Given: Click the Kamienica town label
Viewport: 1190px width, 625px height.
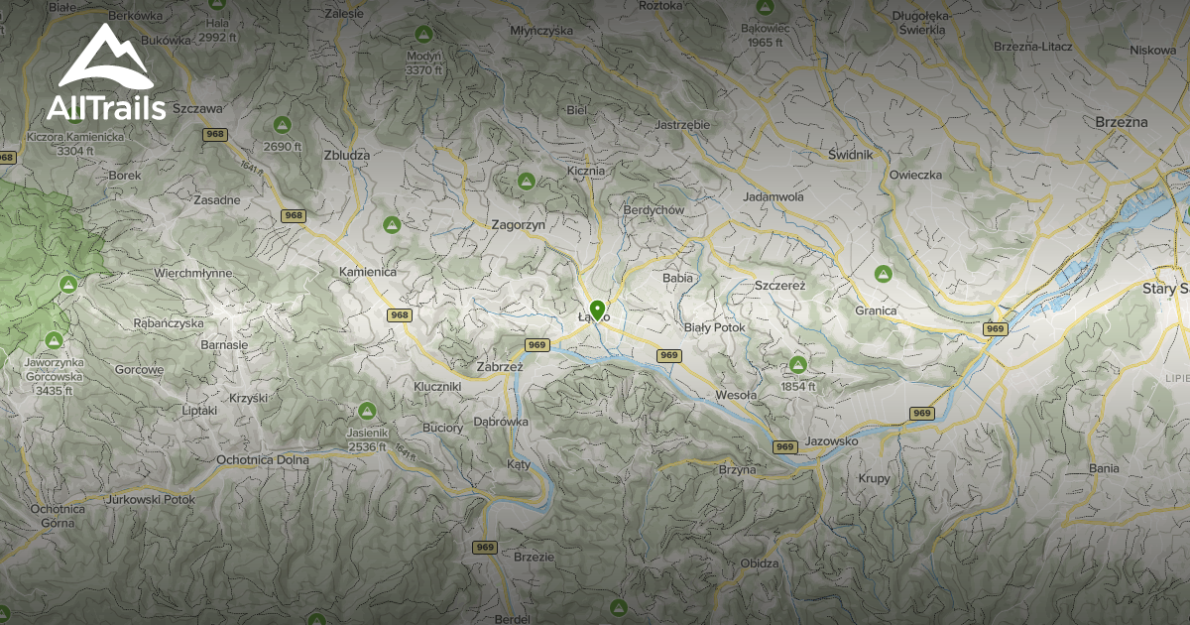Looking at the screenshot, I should pos(367,271).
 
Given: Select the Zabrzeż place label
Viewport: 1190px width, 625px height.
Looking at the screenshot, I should pos(499,366).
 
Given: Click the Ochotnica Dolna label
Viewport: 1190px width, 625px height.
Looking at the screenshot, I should pos(262,460).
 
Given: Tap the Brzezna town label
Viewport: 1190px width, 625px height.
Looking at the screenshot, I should pos(1122,121).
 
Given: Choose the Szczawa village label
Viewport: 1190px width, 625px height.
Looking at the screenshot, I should pos(196,108).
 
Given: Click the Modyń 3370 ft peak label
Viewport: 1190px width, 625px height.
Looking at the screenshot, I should pos(423,62).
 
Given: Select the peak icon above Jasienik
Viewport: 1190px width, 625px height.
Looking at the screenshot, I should pos(367,410).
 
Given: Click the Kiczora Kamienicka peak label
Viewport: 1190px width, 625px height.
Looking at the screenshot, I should pos(75,143).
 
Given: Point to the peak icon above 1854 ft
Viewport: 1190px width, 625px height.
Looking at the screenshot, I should pos(798,364).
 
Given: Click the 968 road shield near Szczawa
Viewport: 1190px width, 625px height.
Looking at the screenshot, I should pos(215,133).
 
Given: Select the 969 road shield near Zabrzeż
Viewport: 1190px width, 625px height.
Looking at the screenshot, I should pos(536,345).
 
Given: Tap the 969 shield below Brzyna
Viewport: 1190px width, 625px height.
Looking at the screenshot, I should pos(785,446).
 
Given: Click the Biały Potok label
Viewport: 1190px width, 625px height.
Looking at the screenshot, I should pos(714,327).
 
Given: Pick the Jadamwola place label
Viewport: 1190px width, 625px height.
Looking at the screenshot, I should pos(773,197).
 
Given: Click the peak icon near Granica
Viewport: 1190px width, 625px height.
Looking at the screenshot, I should pos(882,273).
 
